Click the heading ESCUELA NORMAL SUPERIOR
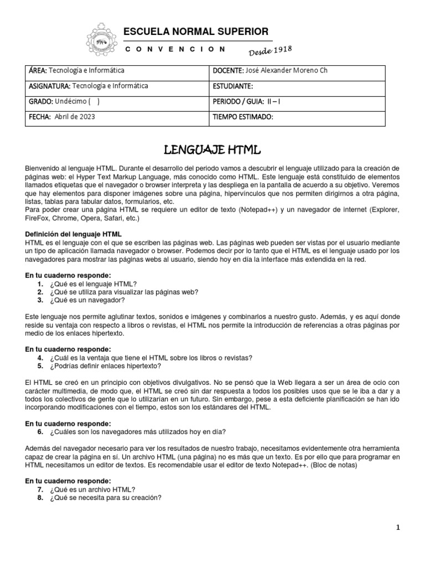click(196, 31)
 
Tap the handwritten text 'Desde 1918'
click(268, 51)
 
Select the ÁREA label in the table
click(38, 71)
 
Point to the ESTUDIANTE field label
click(233, 86)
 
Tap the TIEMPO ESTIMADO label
click(243, 117)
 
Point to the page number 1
click(397, 527)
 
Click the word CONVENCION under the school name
click(175, 49)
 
